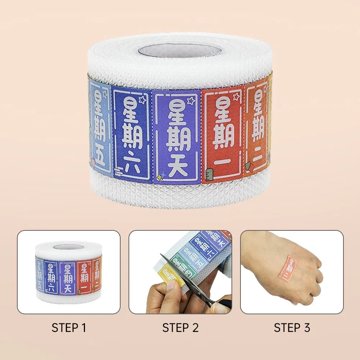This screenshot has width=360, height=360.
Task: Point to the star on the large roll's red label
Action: click(236, 96)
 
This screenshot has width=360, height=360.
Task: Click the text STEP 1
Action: click(69, 328)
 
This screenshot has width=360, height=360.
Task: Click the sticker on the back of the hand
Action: click(292, 267)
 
